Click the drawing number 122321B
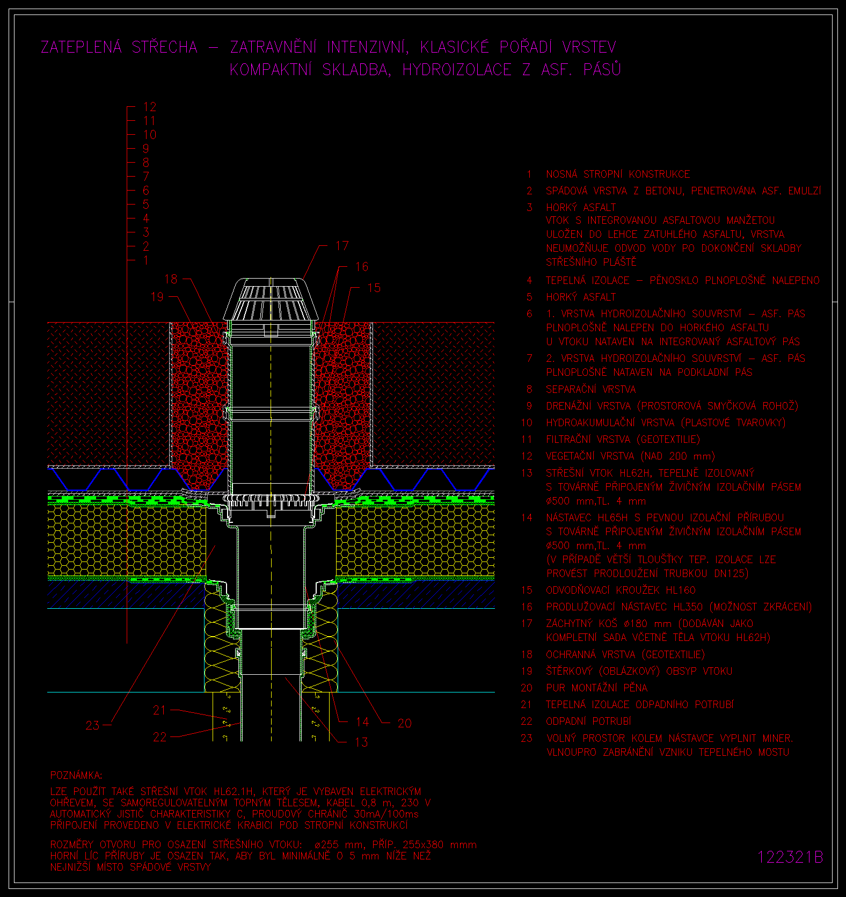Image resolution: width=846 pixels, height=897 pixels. point(790,857)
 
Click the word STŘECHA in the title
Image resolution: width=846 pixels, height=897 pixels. point(165,47)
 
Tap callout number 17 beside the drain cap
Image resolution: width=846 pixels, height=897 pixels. point(342,246)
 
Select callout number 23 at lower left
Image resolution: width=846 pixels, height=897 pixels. point(92,725)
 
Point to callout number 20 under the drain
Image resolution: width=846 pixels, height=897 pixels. point(404,724)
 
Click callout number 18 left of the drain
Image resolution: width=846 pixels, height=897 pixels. point(171,279)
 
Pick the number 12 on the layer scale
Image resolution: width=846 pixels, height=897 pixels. point(149,107)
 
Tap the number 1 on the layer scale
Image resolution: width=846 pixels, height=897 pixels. point(146,260)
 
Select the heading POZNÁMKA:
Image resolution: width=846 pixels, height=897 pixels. point(76,775)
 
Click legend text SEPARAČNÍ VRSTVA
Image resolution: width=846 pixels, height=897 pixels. point(590,389)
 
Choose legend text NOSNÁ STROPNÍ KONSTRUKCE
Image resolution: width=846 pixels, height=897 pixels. point(618,174)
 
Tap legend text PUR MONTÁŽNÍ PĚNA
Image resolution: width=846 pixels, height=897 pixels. point(596,688)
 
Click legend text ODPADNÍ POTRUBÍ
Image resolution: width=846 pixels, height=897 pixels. point(588,721)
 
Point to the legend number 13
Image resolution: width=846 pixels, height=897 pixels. point(527,473)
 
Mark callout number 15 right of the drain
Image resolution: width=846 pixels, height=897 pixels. point(374,288)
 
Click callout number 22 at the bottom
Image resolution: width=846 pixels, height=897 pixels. point(159,737)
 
